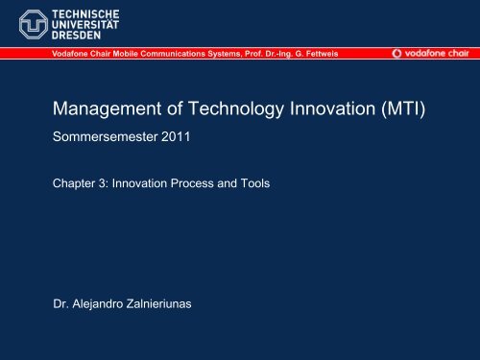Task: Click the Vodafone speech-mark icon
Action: tap(398, 54)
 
